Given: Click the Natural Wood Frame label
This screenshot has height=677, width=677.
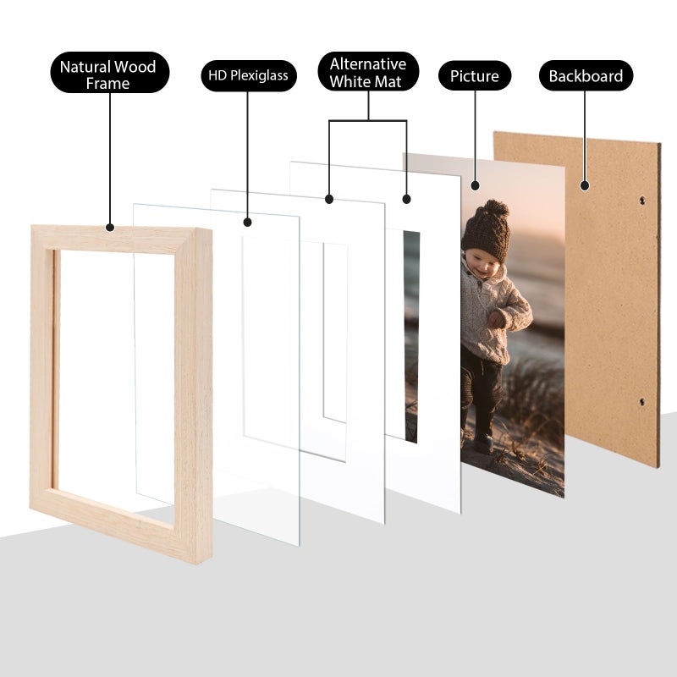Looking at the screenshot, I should pyautogui.click(x=107, y=74).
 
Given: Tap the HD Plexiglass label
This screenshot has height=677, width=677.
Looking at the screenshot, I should pyautogui.click(x=249, y=76).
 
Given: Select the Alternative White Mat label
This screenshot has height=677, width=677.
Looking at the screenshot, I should pyautogui.click(x=367, y=74).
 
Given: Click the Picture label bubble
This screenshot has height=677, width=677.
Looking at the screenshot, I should pyautogui.click(x=474, y=76).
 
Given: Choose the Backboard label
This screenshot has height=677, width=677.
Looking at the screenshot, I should pyautogui.click(x=586, y=76).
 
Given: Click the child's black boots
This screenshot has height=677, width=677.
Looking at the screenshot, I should pyautogui.click(x=482, y=441).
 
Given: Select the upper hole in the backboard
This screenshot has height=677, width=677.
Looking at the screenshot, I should pyautogui.click(x=641, y=201).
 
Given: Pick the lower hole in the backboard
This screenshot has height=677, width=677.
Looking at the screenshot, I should pyautogui.click(x=641, y=402).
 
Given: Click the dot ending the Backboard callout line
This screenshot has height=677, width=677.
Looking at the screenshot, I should pyautogui.click(x=584, y=184).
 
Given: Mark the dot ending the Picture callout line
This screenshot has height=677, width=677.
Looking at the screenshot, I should pyautogui.click(x=475, y=184).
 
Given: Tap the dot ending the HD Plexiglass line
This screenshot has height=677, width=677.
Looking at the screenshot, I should pyautogui.click(x=248, y=223).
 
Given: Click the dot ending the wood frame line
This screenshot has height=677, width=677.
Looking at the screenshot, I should pyautogui.click(x=109, y=228).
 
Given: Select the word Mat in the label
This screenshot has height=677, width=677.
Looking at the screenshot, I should pyautogui.click(x=388, y=82).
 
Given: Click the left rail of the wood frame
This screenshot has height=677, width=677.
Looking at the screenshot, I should pyautogui.click(x=42, y=372).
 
